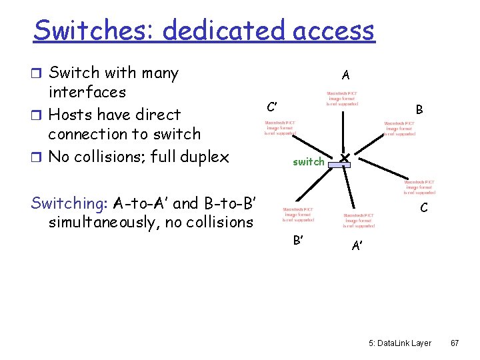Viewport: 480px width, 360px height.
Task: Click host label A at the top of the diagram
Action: coord(345,75)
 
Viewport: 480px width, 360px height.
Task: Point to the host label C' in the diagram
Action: coord(272,107)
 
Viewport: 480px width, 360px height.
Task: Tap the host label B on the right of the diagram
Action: coord(419,109)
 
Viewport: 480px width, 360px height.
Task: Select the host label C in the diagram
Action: coord(423,208)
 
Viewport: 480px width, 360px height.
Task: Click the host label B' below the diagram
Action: coord(299,240)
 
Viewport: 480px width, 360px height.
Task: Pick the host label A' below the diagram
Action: coord(357,246)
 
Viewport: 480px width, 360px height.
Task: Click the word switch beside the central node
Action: coord(309,161)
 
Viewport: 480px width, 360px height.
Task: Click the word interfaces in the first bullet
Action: coord(87,92)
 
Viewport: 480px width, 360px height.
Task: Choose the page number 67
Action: coord(455,342)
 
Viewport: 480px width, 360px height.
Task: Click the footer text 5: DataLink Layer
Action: coord(400,342)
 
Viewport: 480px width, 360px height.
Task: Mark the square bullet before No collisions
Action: coord(36,157)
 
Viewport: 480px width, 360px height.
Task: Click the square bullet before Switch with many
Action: coord(36,73)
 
